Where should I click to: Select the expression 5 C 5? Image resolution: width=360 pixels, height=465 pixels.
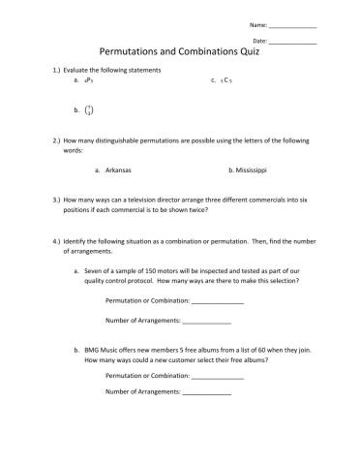226,81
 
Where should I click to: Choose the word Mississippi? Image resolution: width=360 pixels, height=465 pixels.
249,170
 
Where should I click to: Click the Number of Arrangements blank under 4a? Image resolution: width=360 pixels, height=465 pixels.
206,321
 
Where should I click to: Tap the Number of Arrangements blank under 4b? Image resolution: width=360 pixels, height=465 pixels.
206,392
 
